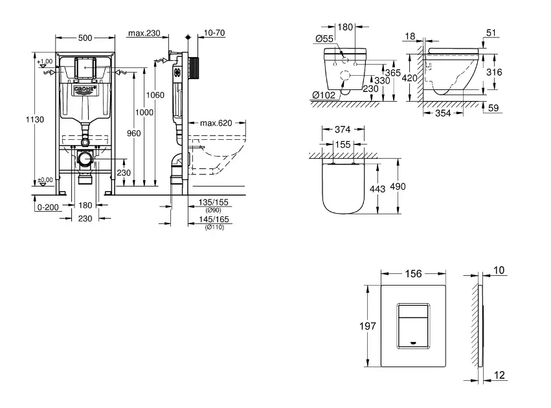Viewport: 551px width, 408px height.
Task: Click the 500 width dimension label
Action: [x=85, y=38]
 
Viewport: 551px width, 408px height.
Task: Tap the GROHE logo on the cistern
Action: [x=85, y=90]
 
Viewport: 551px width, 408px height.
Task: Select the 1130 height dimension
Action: [x=35, y=119]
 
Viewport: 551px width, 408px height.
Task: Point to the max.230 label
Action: [x=144, y=33]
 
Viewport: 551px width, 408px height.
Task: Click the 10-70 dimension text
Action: [x=214, y=32]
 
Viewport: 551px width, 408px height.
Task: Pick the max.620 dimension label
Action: [x=216, y=123]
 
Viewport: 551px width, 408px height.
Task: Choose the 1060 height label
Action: [x=155, y=95]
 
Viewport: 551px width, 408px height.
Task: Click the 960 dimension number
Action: [x=133, y=133]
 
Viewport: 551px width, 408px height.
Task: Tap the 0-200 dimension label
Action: [x=48, y=207]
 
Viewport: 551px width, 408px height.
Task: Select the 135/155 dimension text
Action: [x=213, y=203]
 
